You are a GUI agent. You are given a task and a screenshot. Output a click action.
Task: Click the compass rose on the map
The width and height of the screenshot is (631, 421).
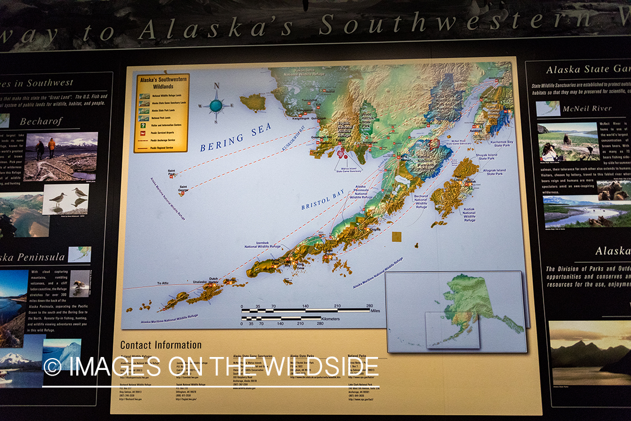[x=216, y=104]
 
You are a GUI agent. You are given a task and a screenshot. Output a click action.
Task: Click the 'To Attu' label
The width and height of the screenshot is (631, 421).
[x=162, y=283]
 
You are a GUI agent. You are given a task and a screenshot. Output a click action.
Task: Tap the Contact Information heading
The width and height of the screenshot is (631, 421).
[x=161, y=345]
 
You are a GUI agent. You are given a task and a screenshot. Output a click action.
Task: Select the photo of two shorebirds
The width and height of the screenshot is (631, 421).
[x=66, y=199]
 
